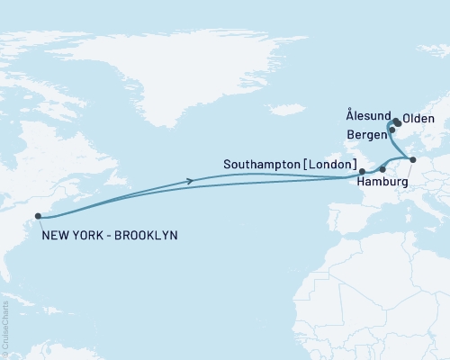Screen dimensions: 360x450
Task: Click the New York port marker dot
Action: point(37,216)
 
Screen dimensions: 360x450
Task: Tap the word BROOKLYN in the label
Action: point(148,235)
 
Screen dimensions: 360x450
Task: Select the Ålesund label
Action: point(367,117)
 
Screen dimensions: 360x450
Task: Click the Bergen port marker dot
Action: point(391,130)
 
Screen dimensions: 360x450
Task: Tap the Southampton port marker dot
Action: point(362,170)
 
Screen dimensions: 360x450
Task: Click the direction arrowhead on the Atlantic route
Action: point(189,182)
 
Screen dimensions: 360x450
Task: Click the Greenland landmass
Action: point(225,54)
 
